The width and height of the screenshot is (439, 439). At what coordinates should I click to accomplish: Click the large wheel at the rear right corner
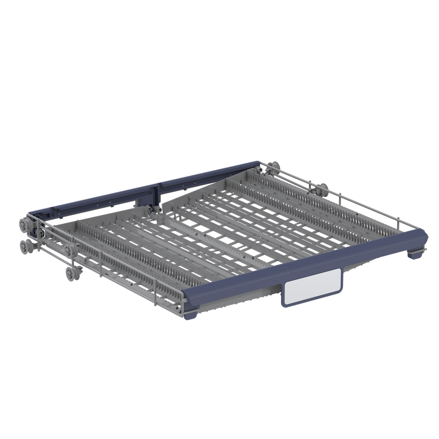[x=275, y=167]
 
